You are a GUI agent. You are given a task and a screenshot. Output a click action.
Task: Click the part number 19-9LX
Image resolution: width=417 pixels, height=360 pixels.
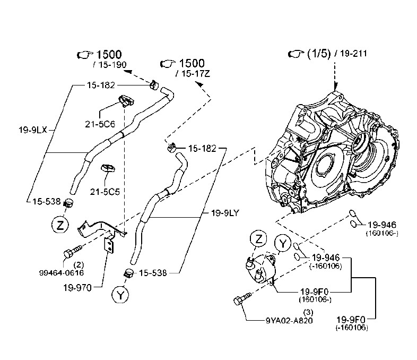33,130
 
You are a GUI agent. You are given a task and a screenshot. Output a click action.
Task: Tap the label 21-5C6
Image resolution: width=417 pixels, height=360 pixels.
100,124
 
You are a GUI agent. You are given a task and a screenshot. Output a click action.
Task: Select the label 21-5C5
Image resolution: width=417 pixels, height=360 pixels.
105,192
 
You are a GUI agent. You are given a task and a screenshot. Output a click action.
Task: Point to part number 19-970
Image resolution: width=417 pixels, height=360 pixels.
77,288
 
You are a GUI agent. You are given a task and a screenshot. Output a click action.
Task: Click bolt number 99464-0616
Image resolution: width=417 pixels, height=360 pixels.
62,273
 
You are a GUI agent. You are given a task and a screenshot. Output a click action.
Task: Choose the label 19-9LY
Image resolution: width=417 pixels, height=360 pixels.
225,213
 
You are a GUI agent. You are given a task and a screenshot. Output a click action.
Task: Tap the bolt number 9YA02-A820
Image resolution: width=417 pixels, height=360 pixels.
289,320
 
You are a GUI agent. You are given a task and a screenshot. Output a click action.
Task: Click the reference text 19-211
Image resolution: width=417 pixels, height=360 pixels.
353,54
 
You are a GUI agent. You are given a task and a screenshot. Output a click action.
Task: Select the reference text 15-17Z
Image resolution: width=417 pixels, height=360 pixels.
195,74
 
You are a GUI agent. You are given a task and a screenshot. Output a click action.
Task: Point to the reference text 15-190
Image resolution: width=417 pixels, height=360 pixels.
112,65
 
